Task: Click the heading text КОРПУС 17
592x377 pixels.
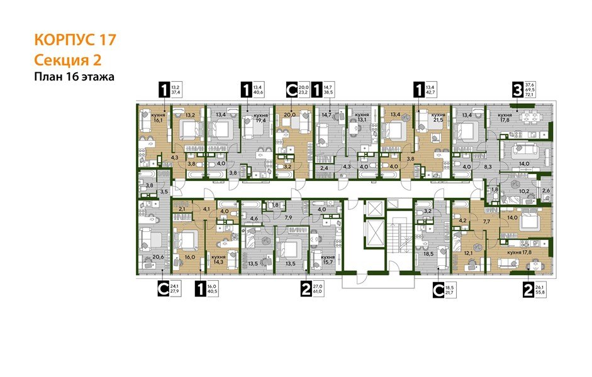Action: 74,40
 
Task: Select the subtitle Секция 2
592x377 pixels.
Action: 67,60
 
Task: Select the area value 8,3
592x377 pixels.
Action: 488,168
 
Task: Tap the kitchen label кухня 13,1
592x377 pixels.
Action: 361,118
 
